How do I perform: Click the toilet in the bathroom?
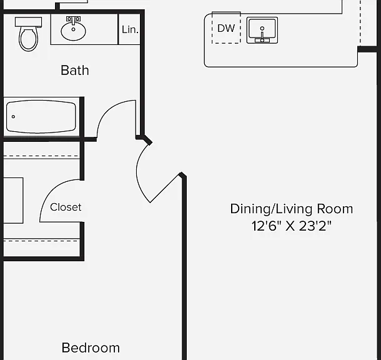tap(29, 34)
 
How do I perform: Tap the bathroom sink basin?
tap(73, 31)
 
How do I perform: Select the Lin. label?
tap(130, 29)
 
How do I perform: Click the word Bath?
tap(75, 71)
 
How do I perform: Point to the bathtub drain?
tap(13, 117)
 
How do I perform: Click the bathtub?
tap(41, 117)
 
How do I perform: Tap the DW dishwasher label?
tap(226, 29)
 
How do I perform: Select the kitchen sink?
tap(262, 31)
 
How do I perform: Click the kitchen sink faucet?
tap(262, 34)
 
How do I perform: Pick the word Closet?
tap(66, 207)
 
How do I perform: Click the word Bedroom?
tap(91, 348)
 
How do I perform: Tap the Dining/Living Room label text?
tap(292, 209)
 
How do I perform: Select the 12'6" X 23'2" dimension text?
tap(292, 226)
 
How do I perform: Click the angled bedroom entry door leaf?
tap(166, 188)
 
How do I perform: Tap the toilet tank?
tap(29, 22)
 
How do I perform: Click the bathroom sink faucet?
tap(73, 21)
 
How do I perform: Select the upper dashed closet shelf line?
tap(41, 156)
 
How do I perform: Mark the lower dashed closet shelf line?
tap(41, 241)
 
